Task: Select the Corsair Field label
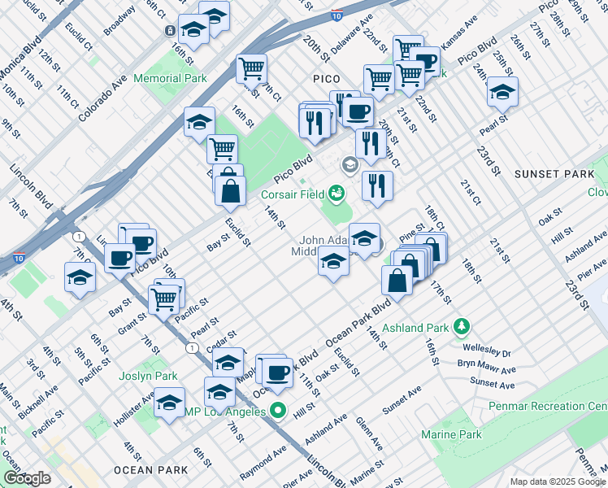click(292, 194)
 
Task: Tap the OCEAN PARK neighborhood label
click(151, 470)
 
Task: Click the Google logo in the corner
click(26, 478)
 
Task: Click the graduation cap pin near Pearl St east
click(503, 92)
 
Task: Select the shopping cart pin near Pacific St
click(165, 298)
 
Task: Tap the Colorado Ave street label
click(105, 99)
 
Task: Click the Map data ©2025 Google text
click(557, 481)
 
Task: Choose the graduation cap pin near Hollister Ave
click(169, 403)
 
